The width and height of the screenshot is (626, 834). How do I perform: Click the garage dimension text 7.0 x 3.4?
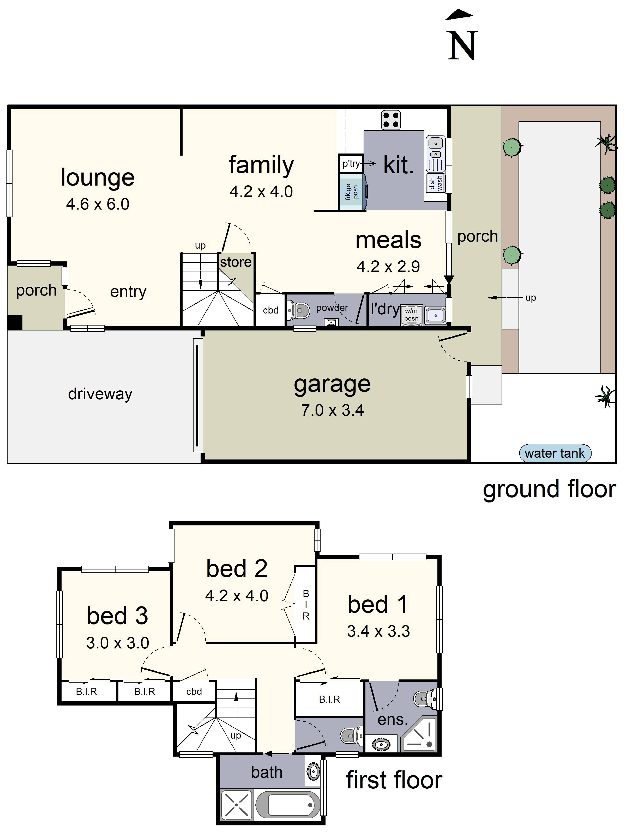[x=332, y=410]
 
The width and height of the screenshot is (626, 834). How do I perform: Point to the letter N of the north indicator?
[x=462, y=46]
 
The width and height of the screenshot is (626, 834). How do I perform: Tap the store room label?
[x=236, y=262]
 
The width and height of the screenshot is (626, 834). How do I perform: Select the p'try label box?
[x=351, y=164]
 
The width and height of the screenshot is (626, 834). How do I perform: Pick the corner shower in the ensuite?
[x=419, y=734]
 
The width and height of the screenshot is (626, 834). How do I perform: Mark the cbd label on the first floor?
[x=194, y=691]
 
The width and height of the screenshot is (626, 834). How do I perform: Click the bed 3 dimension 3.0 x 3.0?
[x=118, y=643]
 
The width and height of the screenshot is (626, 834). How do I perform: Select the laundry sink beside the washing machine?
[x=435, y=315]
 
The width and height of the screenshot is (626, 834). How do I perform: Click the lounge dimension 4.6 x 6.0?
[x=98, y=204]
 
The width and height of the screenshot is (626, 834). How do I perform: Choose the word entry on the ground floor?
[x=128, y=292]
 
